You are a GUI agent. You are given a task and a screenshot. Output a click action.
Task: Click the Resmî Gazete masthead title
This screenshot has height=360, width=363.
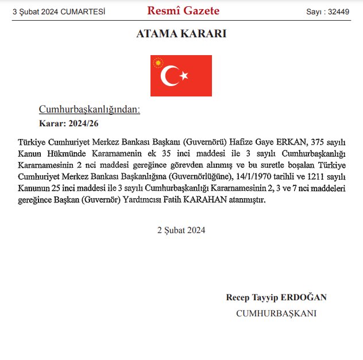click(x=183, y=11)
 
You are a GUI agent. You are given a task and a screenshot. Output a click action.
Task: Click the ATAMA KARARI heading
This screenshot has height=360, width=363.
click(x=181, y=34)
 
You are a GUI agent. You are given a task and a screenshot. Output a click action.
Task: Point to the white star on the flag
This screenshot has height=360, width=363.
click(x=184, y=76)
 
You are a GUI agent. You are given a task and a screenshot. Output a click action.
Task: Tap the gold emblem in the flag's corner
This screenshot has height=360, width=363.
click(x=157, y=63)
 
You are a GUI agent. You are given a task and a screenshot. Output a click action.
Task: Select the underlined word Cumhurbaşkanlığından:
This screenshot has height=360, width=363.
click(x=89, y=109)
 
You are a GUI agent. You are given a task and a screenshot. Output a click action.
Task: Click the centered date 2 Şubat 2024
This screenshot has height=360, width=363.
click(x=181, y=230)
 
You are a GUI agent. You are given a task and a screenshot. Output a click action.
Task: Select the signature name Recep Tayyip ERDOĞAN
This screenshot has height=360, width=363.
click(x=276, y=297)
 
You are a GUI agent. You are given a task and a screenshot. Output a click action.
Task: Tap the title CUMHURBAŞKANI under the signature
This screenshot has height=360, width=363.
click(x=276, y=313)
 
